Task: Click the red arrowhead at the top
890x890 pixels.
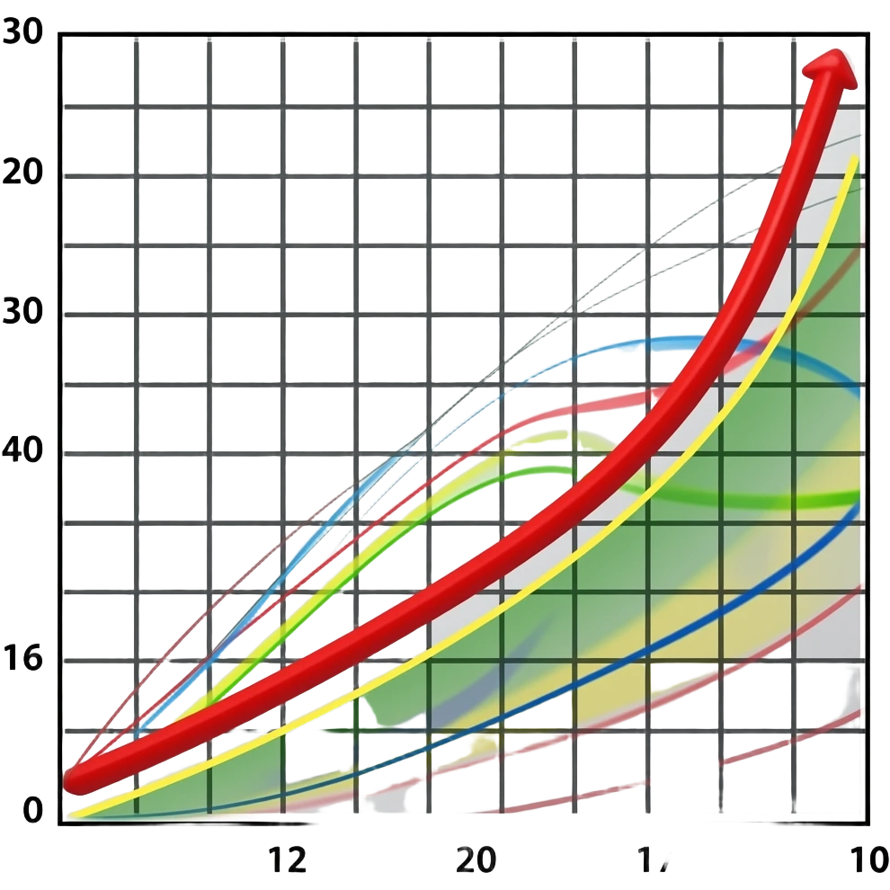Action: click(x=832, y=72)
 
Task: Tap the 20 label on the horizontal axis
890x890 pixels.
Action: click(x=474, y=861)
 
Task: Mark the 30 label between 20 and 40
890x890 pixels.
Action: click(x=25, y=315)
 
